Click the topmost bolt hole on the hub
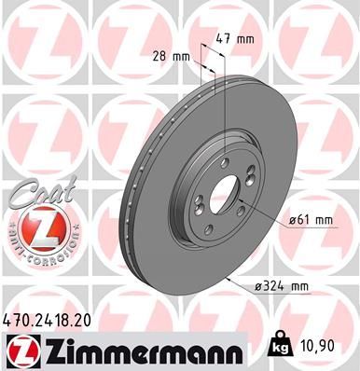point(224,157)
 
